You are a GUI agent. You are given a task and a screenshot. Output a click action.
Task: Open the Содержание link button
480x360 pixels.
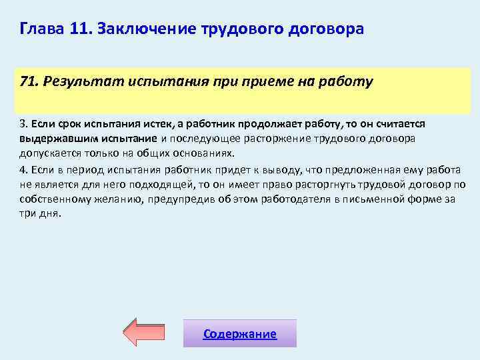(x=239, y=334)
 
